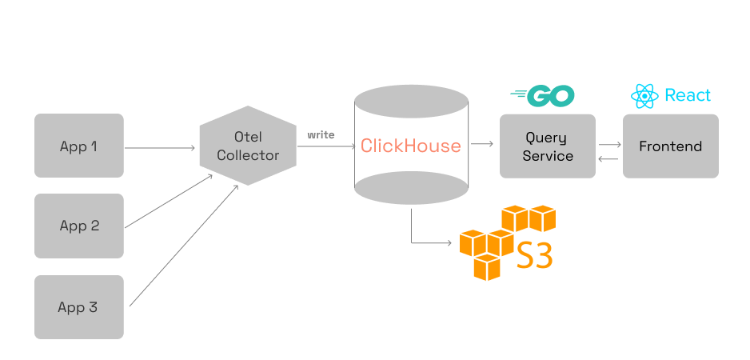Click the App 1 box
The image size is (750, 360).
pos(78,146)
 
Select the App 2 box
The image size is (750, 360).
pos(78,226)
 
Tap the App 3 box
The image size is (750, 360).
pos(78,307)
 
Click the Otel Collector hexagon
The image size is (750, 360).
pos(248,146)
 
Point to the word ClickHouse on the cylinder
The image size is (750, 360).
pos(410,146)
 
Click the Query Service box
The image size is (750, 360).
pos(547,146)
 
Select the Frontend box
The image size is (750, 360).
pos(670,146)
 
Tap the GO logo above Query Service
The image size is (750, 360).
pos(543,96)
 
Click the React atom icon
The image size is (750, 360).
pos(644,96)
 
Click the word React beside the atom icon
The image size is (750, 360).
pos(688,96)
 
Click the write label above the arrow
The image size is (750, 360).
pos(321,134)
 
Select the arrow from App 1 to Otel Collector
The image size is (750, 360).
pos(160,147)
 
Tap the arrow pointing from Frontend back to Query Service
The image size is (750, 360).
pos(609,159)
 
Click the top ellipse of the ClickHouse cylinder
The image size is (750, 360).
pos(411,102)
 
